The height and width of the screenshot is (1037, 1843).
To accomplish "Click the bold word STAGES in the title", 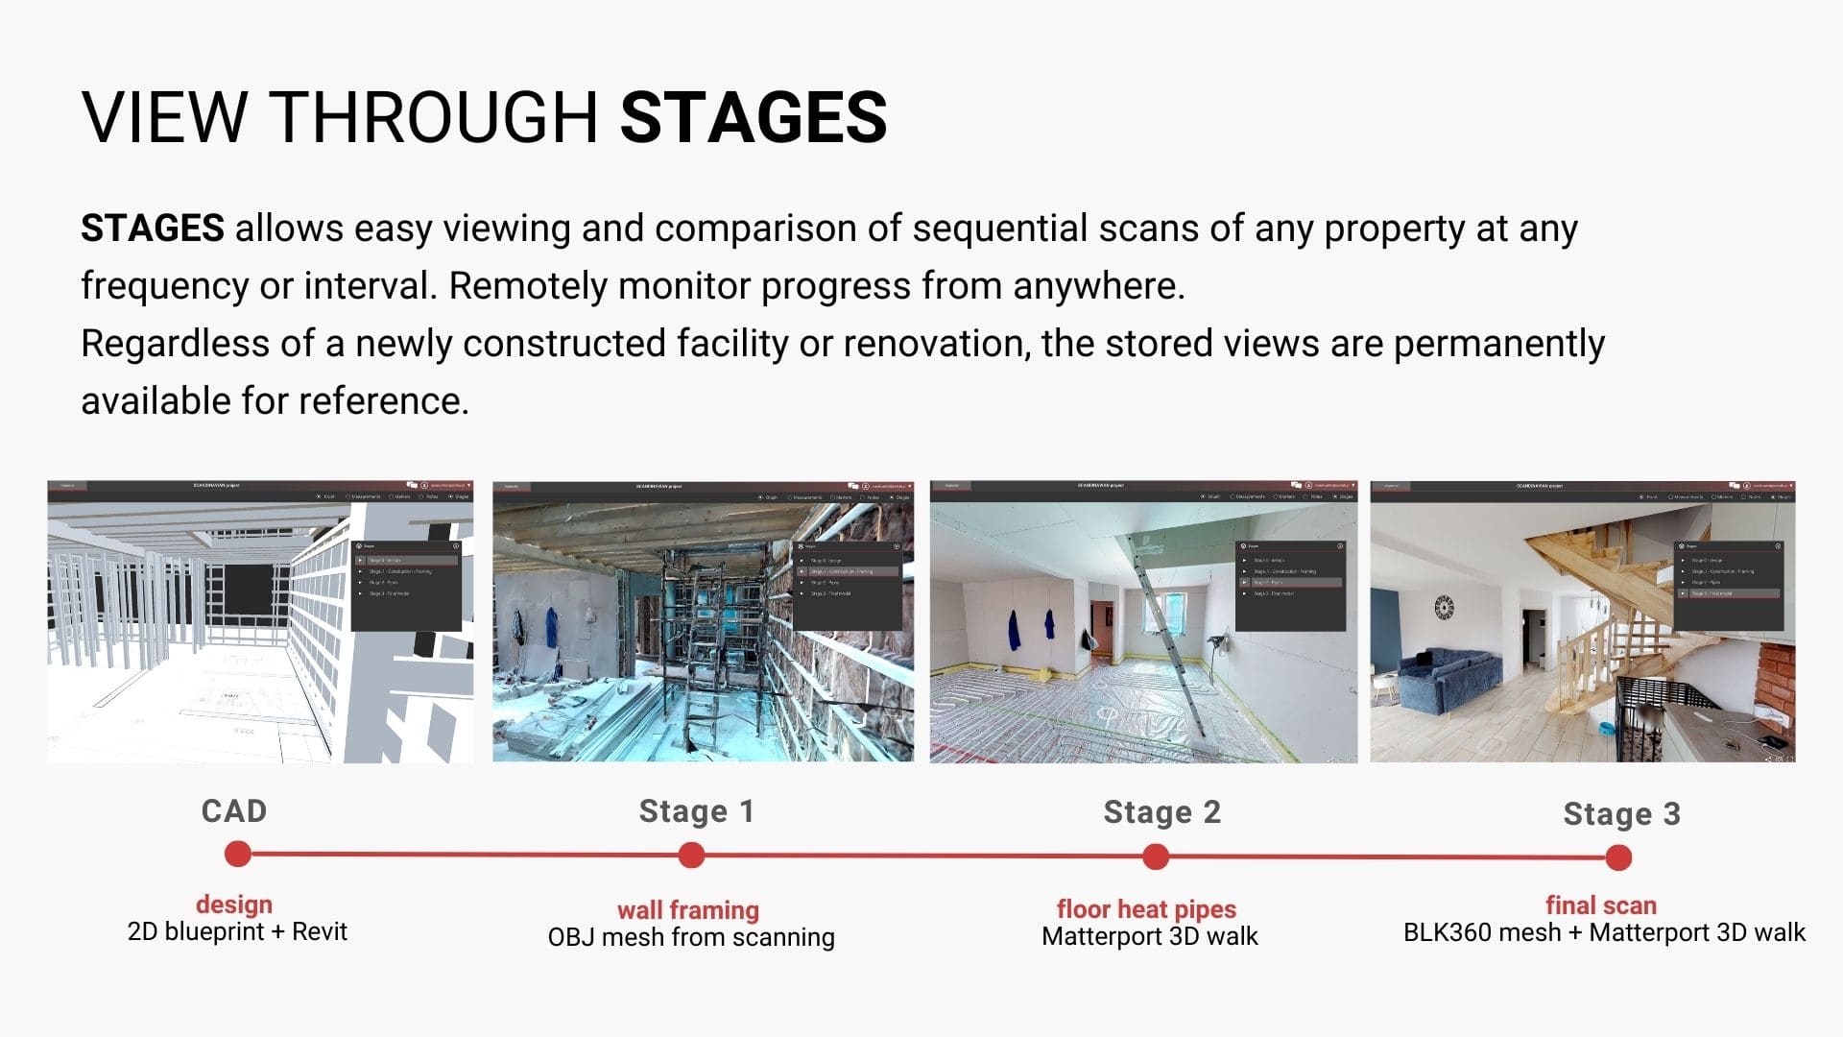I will [x=754, y=117].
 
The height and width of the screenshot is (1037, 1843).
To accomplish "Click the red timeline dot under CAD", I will [x=237, y=854].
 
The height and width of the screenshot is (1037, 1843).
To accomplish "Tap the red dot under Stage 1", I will [x=691, y=855].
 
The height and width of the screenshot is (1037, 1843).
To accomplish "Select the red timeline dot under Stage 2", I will [x=1156, y=856].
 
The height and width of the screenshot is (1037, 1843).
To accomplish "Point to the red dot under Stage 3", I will [x=1618, y=857].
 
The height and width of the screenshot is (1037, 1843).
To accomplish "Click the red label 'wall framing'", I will [x=687, y=909].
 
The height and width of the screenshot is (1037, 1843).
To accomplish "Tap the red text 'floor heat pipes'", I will [x=1146, y=908].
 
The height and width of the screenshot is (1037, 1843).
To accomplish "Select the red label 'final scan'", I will [x=1600, y=904].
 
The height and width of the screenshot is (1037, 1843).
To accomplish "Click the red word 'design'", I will [x=234, y=904].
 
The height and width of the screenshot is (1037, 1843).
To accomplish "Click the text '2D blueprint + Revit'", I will [x=237, y=931].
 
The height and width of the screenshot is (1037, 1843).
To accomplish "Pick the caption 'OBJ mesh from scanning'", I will [x=691, y=937].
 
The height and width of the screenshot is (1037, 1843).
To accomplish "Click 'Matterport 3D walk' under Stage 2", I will [x=1149, y=936].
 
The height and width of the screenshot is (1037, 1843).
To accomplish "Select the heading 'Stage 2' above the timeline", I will [x=1161, y=812].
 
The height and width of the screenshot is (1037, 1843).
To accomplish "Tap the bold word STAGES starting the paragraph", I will [x=153, y=229].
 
